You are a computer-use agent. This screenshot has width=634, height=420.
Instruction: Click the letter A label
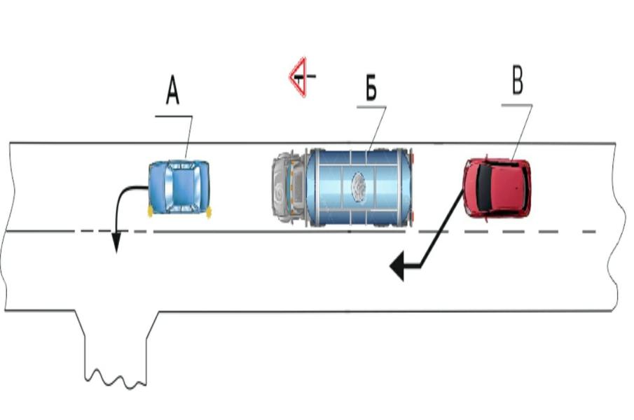point(172,90)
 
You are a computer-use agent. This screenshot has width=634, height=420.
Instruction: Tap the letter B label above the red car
point(517,82)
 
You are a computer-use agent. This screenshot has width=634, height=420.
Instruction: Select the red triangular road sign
point(299,76)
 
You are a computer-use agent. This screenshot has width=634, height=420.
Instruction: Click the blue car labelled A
point(179,187)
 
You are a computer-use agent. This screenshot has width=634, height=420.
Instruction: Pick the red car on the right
point(497,188)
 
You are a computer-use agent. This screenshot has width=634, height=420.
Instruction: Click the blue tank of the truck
point(358,187)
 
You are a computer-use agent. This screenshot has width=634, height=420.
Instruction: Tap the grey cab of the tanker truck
point(288,188)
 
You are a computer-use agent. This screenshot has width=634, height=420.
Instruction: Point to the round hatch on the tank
point(358,187)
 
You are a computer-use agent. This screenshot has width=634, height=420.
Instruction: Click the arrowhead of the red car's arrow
point(399,266)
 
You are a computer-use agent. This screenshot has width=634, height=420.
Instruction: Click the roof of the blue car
point(179,187)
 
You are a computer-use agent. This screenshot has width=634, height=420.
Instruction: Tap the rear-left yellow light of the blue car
point(150,210)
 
